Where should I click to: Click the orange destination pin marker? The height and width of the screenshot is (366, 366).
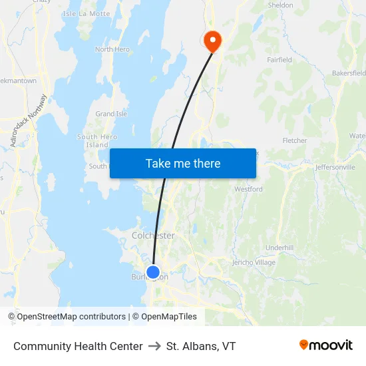pos(212,41)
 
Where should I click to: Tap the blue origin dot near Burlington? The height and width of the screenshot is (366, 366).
pos(153,272)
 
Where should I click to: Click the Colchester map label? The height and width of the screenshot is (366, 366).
pos(153,236)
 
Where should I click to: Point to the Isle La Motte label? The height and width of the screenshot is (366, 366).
pos(86,13)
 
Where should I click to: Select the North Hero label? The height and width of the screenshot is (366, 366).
pos(112,49)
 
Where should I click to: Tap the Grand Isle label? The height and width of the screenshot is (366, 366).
pos(111,114)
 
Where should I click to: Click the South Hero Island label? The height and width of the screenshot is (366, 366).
pos(97,141)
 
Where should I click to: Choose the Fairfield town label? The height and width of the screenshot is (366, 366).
pos(279,60)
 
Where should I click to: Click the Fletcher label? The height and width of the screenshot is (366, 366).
pos(295,141)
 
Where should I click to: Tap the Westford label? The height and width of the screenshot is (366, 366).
pos(248,190)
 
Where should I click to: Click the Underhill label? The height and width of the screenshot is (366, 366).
pos(279,248)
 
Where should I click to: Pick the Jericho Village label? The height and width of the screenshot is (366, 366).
pos(254,262)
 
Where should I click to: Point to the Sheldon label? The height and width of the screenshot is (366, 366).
pos(280,5)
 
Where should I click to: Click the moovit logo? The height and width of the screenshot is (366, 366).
pos(326,345)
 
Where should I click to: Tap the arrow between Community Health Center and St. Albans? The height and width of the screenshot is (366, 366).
pos(154,346)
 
